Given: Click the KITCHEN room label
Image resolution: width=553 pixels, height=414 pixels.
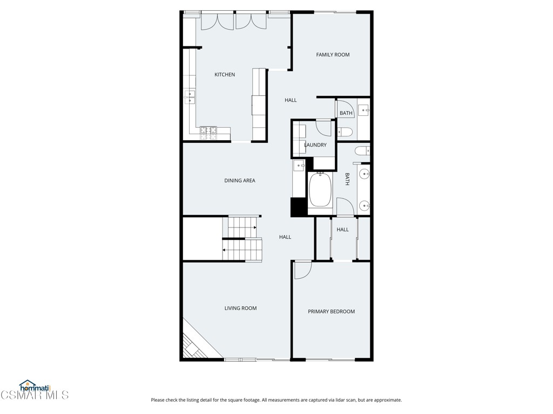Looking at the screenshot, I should point(225,74).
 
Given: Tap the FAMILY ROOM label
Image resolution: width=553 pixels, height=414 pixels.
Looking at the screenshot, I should point(333,54).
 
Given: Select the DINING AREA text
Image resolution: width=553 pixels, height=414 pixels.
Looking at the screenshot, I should point(240,181).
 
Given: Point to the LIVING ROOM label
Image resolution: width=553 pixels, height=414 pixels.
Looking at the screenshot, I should point(240,308).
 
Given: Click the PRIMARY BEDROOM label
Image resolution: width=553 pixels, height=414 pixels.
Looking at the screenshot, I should point(331,312).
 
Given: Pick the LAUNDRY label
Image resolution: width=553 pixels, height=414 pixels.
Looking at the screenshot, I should point(315,145).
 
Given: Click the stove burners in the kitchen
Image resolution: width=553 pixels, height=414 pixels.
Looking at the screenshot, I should point(208,130).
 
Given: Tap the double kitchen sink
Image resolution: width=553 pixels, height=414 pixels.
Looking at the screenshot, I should point(191,97).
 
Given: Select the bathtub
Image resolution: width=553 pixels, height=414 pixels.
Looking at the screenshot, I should point(320,189).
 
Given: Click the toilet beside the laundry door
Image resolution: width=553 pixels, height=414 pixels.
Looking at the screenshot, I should point(346,132).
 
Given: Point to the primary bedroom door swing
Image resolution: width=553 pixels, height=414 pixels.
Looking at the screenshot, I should point(302,270).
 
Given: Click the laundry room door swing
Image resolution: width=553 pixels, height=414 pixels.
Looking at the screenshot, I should point(324,128).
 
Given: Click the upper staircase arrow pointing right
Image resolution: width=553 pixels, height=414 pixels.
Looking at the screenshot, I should point(254,227).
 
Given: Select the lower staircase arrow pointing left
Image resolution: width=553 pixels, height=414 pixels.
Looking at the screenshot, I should point(224,250).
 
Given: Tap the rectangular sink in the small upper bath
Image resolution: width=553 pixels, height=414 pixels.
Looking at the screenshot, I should point(364,111).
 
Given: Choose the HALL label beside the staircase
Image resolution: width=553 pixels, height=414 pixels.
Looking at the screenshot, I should point(285,237).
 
